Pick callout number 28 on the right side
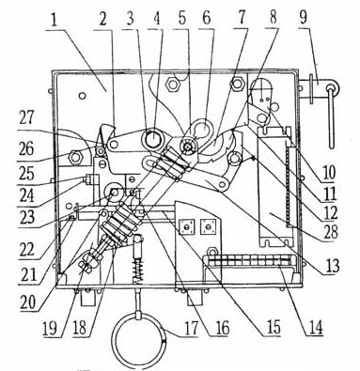tap(329, 232)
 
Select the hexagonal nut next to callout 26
tap(74, 157)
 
